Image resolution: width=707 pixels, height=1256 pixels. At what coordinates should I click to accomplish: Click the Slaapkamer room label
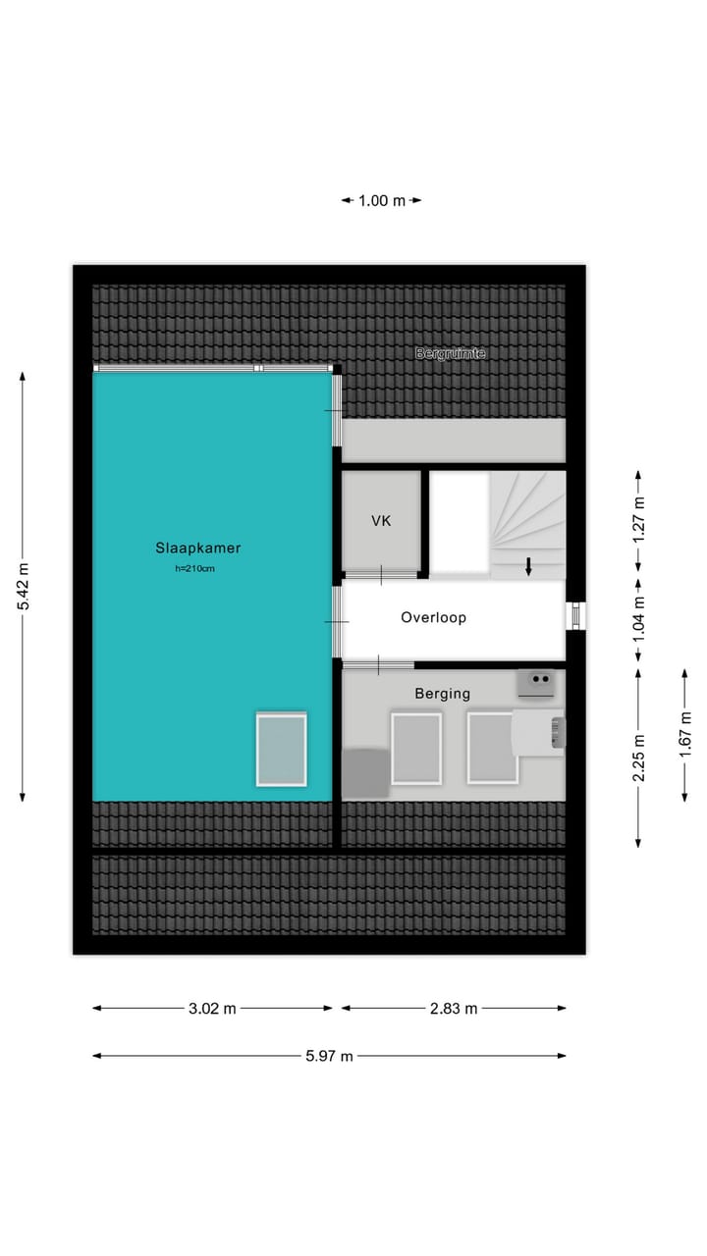pos(197,549)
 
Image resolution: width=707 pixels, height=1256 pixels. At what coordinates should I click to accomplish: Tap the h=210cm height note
pos(196,569)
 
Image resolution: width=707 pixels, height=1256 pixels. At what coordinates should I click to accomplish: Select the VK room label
pos(381,521)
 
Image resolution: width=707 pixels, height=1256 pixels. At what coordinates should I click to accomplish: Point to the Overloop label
pos(433,618)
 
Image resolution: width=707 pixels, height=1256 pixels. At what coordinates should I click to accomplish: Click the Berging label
pos(442,694)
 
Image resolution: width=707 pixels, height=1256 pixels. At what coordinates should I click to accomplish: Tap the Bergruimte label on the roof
pos(451,353)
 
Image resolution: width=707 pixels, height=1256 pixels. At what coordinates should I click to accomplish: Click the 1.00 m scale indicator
pos(381,201)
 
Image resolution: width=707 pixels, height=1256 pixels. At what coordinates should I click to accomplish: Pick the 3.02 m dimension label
pos(213,1009)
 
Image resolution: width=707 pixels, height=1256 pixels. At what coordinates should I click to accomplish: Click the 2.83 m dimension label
pos(454,1009)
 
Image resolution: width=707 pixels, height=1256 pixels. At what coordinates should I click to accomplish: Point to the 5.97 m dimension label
pos(330,1056)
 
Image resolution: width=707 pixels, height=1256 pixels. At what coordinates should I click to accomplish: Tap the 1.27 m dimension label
pos(639,522)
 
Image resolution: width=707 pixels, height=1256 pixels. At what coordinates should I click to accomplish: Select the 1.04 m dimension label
pos(639,619)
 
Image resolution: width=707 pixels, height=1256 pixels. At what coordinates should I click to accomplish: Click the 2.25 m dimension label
pos(639,758)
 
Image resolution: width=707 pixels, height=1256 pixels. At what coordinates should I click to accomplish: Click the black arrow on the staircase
pos(528,566)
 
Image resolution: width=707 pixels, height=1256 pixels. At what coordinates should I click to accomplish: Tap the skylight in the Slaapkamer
pos(281,749)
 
